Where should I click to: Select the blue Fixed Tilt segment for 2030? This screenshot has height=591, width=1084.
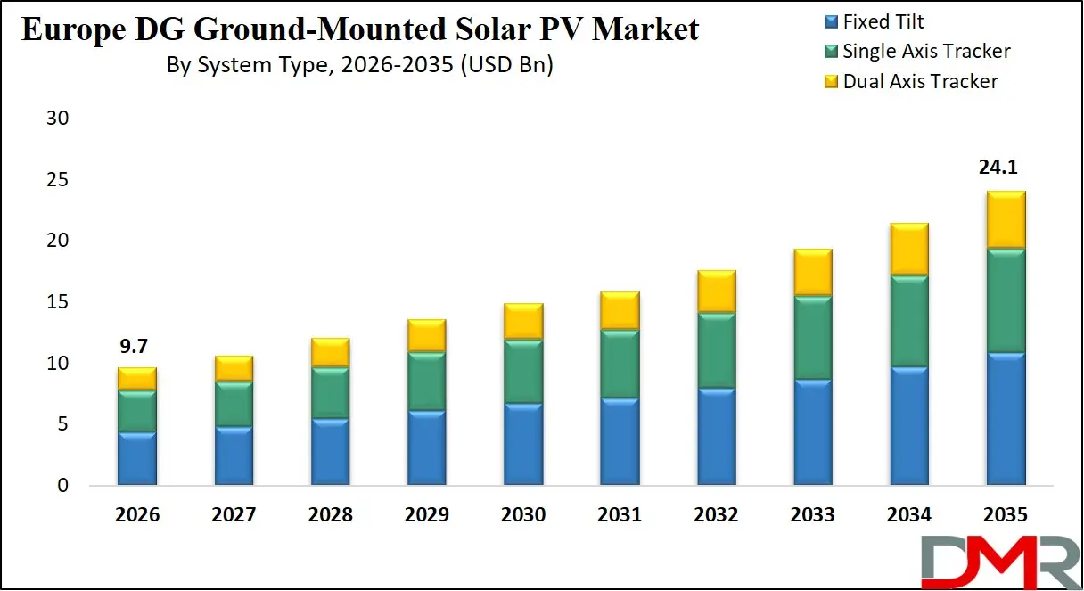tap(523, 444)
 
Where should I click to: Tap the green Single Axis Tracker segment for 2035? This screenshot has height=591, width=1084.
tap(1006, 300)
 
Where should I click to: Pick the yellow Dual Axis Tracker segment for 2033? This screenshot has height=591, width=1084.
tap(813, 273)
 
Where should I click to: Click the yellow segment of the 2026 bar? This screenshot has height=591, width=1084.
tap(137, 378)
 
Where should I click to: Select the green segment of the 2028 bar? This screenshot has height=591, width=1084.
tap(331, 392)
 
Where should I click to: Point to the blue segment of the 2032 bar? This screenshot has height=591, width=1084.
tap(717, 436)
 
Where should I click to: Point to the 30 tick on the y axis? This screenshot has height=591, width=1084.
tap(57, 119)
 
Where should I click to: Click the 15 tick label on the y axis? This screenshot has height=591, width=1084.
tap(57, 302)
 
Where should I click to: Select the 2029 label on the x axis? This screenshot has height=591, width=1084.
tap(427, 515)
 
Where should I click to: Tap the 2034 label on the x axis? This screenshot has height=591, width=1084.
tap(909, 515)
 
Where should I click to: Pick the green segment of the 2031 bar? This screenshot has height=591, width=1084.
tap(620, 363)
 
